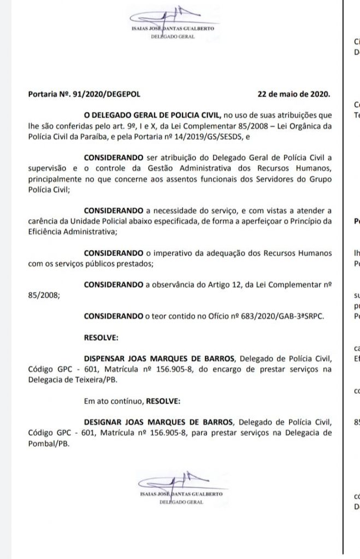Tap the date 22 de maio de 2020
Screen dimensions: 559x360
pos(293,93)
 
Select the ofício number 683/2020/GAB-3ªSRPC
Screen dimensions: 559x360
pos(280,316)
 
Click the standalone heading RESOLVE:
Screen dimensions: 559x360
pos(99,337)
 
